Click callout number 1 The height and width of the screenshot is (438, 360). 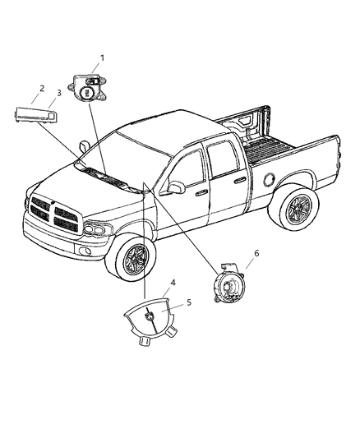(102, 58)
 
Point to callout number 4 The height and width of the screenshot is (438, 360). (172, 284)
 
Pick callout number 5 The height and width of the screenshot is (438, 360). (189, 303)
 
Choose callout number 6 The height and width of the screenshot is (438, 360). (256, 253)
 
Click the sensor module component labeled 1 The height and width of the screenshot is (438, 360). (90, 85)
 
